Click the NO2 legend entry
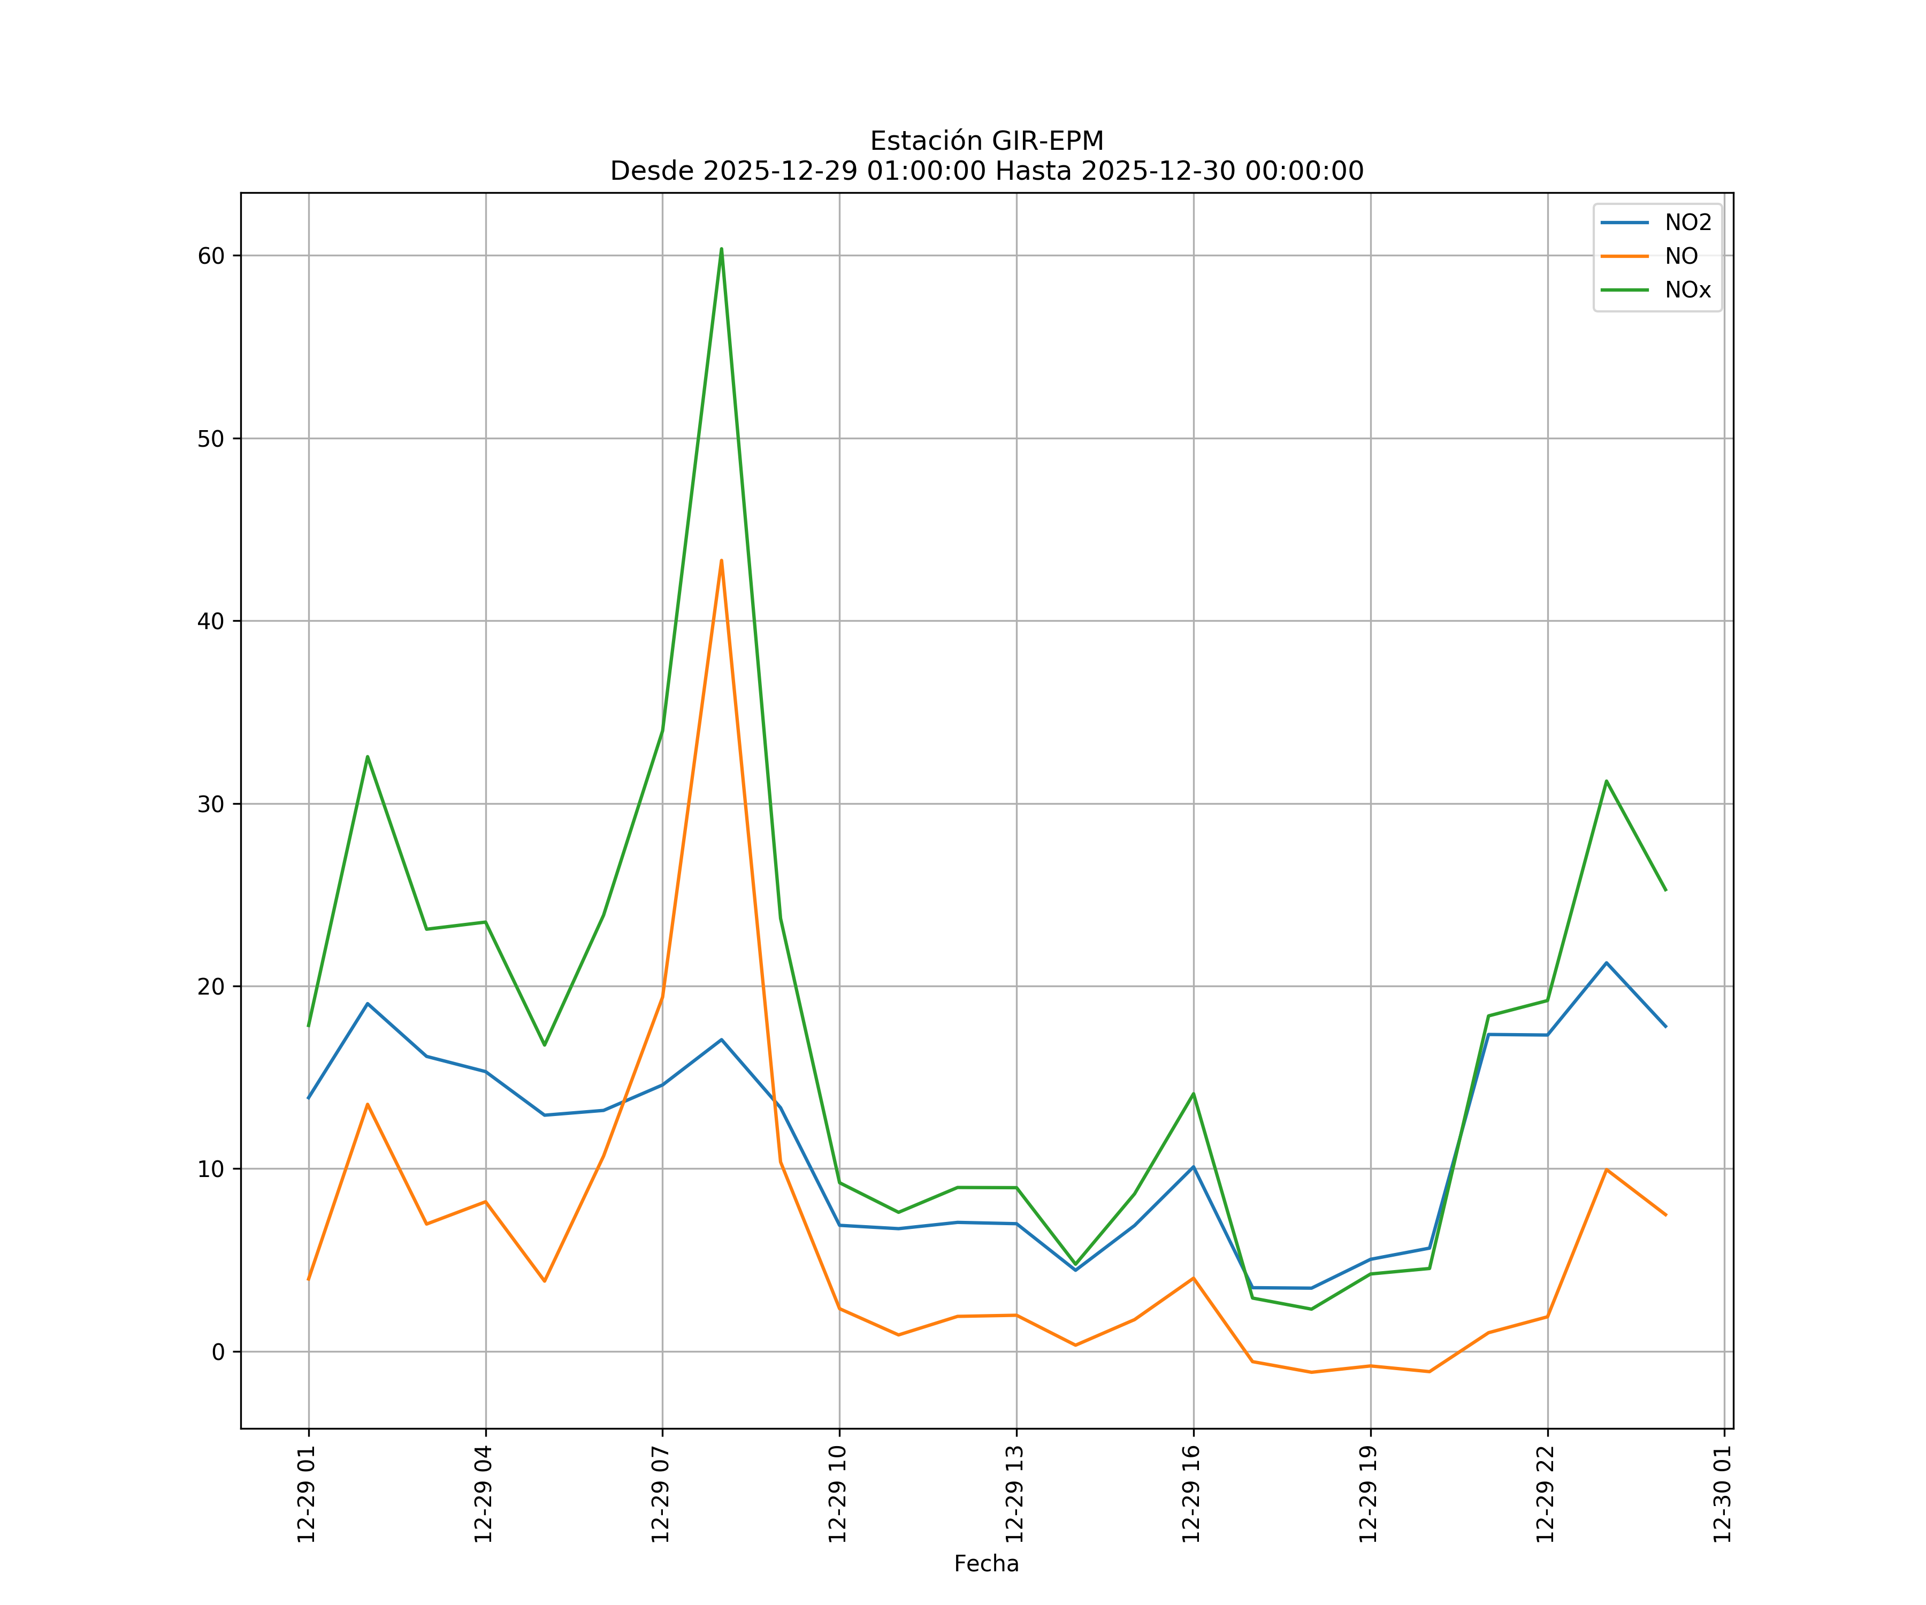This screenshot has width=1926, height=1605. coord(1687,223)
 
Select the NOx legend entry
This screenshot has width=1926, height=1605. coord(1687,291)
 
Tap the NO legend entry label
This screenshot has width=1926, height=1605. coord(1681,257)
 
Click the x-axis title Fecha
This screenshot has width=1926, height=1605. coord(986,1564)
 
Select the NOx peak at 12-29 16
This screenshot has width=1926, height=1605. coord(1193,1093)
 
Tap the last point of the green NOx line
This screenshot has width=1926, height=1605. coord(1665,890)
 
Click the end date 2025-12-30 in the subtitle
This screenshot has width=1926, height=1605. coord(1157,172)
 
